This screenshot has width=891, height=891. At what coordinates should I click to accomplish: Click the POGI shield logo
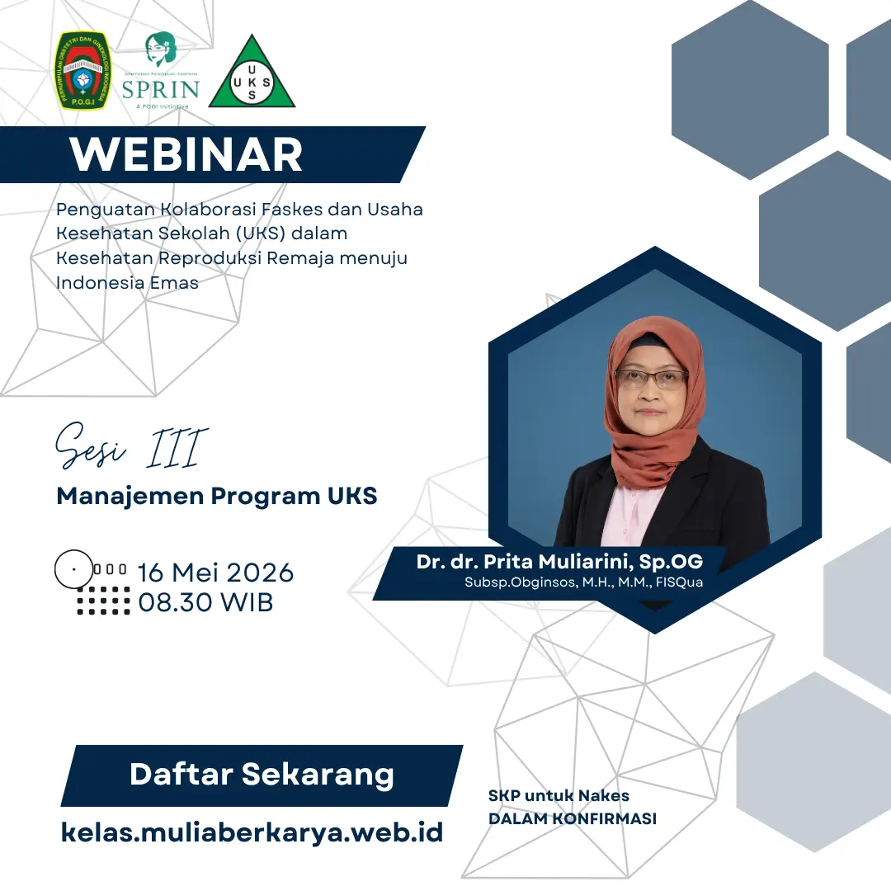[81, 72]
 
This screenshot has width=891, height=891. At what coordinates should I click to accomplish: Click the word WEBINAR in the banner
[186, 154]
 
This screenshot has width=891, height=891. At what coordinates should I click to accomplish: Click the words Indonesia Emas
[127, 282]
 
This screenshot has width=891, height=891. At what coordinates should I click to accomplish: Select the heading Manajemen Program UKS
[216, 496]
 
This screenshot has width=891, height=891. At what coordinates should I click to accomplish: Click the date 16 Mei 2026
[215, 572]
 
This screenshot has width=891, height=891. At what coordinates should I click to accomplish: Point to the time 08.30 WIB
[205, 601]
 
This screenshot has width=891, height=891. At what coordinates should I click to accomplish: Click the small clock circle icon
[73, 569]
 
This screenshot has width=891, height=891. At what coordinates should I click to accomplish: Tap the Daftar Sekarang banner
[262, 775]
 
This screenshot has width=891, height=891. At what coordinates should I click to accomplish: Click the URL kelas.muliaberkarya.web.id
[252, 832]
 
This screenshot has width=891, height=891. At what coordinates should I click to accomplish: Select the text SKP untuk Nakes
[559, 796]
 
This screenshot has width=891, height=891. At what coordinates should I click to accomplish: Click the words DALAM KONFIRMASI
[572, 819]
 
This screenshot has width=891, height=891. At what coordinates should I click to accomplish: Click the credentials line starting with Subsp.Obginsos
[583, 582]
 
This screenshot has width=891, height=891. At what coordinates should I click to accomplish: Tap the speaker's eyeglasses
[652, 379]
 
